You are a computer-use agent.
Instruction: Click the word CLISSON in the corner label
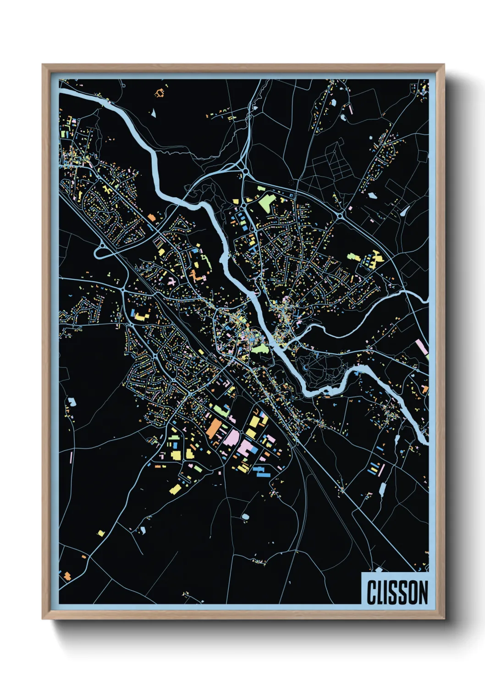[397, 592]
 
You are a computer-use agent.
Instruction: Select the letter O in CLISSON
[412, 592]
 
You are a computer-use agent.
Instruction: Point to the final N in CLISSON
[423, 592]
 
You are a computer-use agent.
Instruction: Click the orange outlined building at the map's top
[160, 94]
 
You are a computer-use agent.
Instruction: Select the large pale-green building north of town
[266, 203]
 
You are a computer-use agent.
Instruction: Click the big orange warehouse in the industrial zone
[213, 429]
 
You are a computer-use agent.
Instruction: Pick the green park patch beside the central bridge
[259, 349]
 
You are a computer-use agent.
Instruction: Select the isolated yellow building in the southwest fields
[101, 533]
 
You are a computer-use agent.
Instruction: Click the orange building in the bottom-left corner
[67, 575]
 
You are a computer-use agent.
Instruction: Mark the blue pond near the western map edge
[72, 402]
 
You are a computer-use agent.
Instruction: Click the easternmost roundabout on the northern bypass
[340, 215]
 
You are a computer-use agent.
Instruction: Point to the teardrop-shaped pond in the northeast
[405, 211]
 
